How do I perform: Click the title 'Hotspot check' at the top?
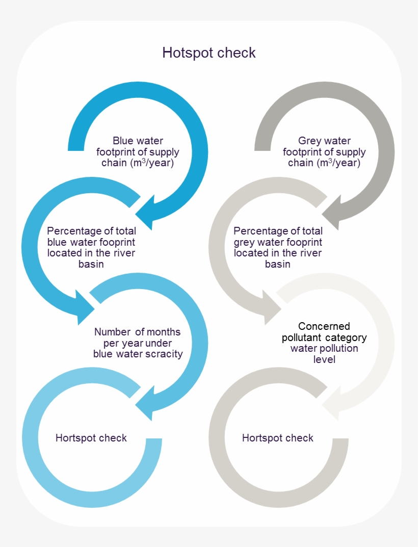pyautogui.click(x=209, y=53)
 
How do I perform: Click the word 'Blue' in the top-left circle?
pyautogui.click(x=122, y=141)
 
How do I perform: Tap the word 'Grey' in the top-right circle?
pyautogui.click(x=309, y=141)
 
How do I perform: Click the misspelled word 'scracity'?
pyautogui.click(x=165, y=354)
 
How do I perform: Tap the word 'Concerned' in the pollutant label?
pyautogui.click(x=324, y=326)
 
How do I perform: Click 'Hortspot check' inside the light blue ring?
pyautogui.click(x=91, y=438)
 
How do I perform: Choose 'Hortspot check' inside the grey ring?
pyautogui.click(x=277, y=438)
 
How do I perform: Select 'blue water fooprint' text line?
pyautogui.click(x=91, y=242)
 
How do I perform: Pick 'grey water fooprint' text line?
pyautogui.click(x=278, y=242)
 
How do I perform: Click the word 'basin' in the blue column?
pyautogui.click(x=91, y=264)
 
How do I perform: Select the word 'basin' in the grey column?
pyautogui.click(x=278, y=264)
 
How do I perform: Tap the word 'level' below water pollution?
pyautogui.click(x=324, y=360)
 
